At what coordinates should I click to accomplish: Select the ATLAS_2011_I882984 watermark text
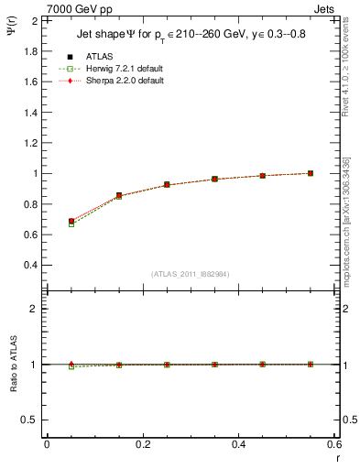(191, 274)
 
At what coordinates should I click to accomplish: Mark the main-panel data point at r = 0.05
(71, 222)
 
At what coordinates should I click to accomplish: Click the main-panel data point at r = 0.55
(311, 173)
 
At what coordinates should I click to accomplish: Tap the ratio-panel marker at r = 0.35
(214, 365)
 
